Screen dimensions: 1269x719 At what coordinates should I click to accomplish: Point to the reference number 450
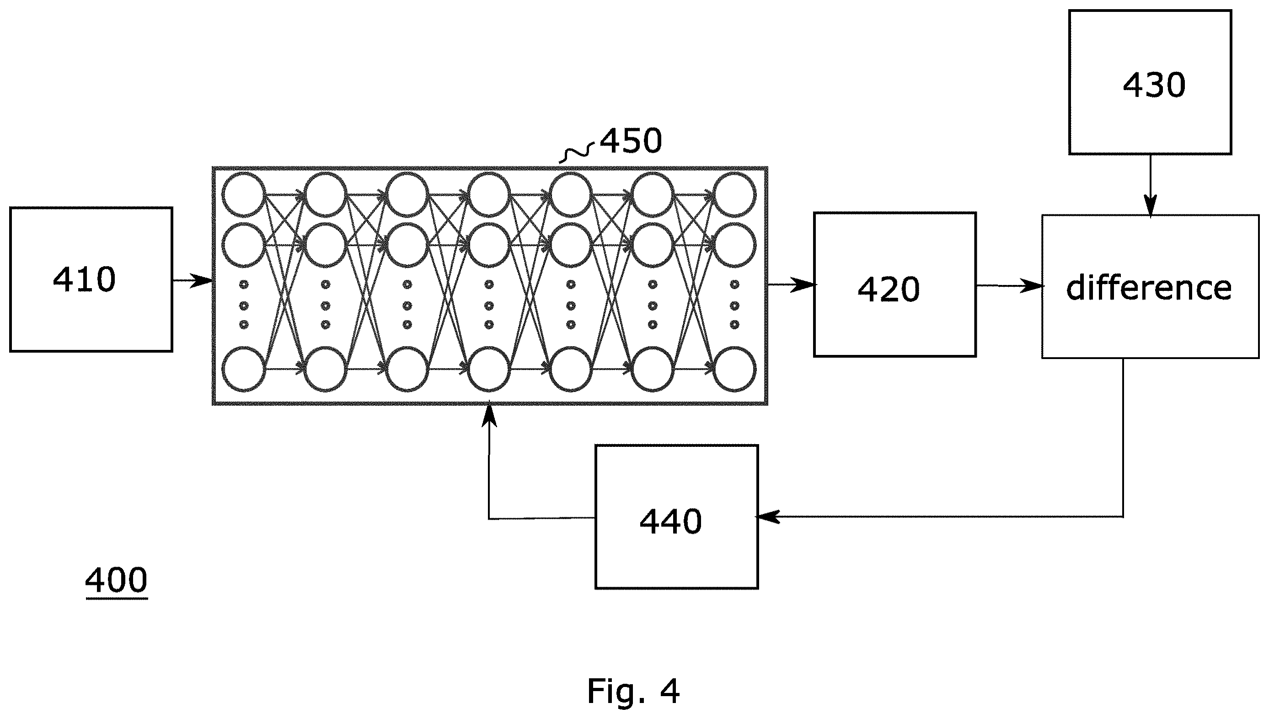(631, 141)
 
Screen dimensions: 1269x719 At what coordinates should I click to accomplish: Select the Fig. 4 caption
(633, 691)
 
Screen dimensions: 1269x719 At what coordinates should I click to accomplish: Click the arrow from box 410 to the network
(193, 281)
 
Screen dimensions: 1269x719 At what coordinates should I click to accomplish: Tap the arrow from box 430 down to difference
(1150, 186)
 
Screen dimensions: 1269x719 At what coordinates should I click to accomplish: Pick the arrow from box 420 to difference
(1009, 285)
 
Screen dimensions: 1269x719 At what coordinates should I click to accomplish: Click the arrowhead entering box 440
(768, 517)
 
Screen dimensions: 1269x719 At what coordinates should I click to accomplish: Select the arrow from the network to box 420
(791, 284)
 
